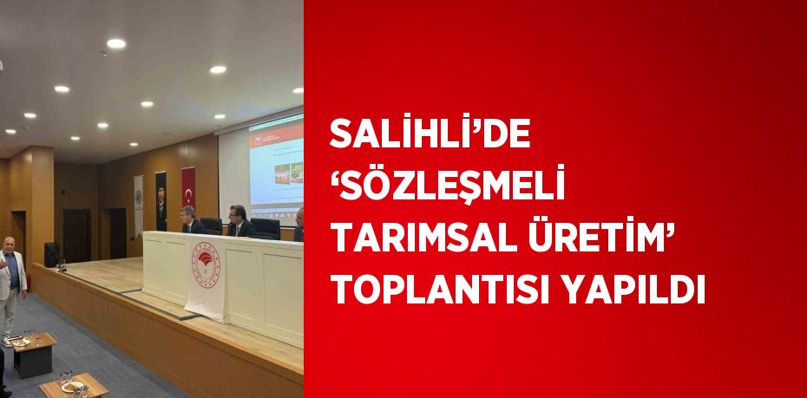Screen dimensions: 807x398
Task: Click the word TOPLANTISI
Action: coord(440,290)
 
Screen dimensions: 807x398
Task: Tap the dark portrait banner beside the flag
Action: coord(161,201)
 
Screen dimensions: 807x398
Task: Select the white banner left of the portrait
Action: coord(139,206)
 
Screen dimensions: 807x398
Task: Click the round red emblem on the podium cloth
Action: coord(206,264)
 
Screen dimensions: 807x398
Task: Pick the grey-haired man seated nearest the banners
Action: coord(192,219)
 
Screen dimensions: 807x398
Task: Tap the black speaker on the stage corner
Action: coord(51,255)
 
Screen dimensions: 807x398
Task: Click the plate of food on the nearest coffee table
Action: coord(72,386)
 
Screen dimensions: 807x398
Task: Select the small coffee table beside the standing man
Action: coord(34,353)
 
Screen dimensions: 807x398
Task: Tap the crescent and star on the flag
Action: coord(189,195)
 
